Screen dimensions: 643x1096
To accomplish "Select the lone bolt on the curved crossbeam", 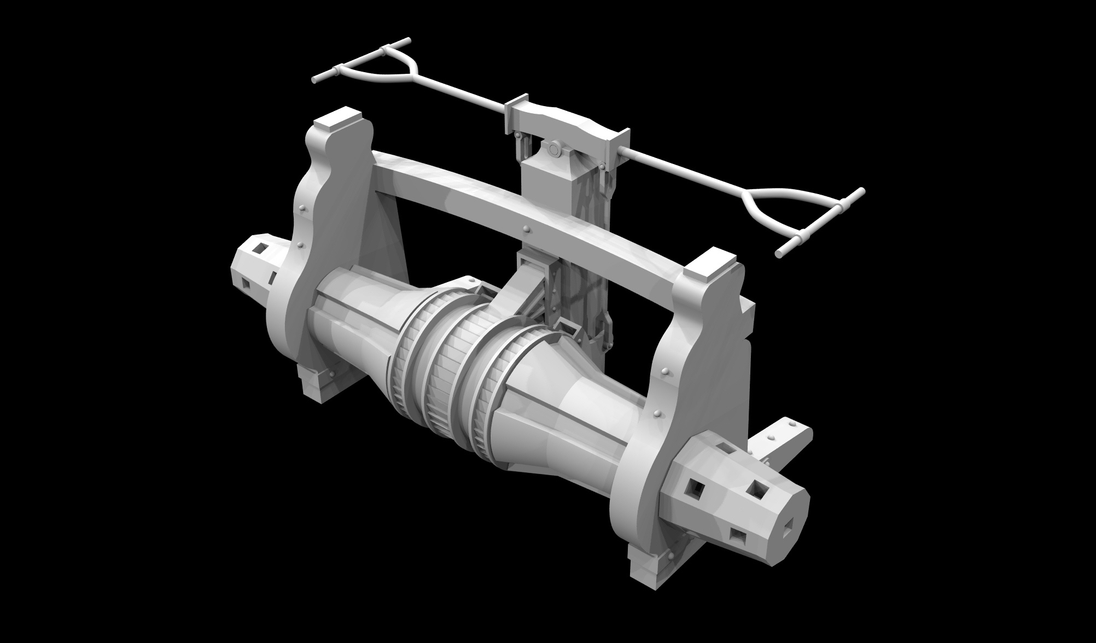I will (526, 229).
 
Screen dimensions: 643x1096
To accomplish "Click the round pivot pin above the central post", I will (552, 149).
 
